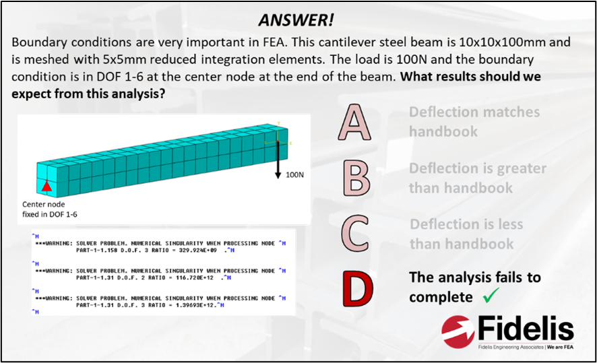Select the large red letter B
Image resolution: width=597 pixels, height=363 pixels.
click(355, 178)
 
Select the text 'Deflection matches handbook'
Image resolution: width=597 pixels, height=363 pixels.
click(474, 121)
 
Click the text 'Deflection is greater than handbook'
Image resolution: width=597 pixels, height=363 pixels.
click(477, 178)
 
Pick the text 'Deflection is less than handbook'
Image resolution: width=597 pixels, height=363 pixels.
click(470, 234)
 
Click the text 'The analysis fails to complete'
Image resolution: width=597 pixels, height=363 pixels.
click(475, 286)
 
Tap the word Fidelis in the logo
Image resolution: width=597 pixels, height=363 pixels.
click(528, 330)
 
